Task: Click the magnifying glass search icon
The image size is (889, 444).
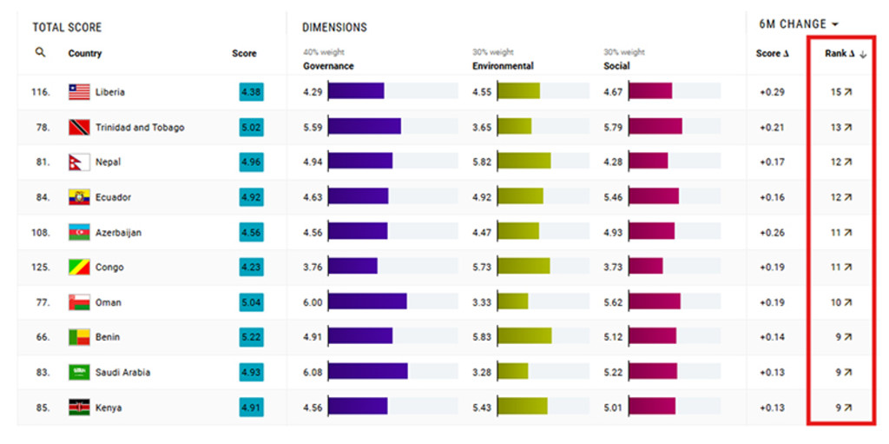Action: click(40, 53)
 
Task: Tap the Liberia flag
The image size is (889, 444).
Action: click(79, 92)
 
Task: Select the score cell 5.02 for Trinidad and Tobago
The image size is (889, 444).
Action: click(251, 128)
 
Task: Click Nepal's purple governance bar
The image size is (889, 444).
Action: click(359, 162)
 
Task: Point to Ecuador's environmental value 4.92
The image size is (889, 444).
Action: click(482, 197)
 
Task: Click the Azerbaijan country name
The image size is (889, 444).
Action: click(118, 233)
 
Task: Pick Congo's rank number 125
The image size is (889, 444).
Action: click(40, 268)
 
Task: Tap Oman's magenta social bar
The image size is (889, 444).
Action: click(654, 302)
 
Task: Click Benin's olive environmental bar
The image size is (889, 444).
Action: click(524, 337)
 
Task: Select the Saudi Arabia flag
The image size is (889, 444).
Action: click(79, 373)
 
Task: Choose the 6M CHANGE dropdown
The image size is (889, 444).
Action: click(800, 24)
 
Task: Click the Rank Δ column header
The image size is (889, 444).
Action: click(840, 54)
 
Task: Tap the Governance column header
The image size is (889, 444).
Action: click(328, 66)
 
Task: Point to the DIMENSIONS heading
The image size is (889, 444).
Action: click(334, 28)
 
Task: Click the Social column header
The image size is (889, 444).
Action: click(616, 66)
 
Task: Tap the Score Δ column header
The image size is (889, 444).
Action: click(772, 54)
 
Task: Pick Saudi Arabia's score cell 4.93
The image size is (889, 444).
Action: click(251, 373)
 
